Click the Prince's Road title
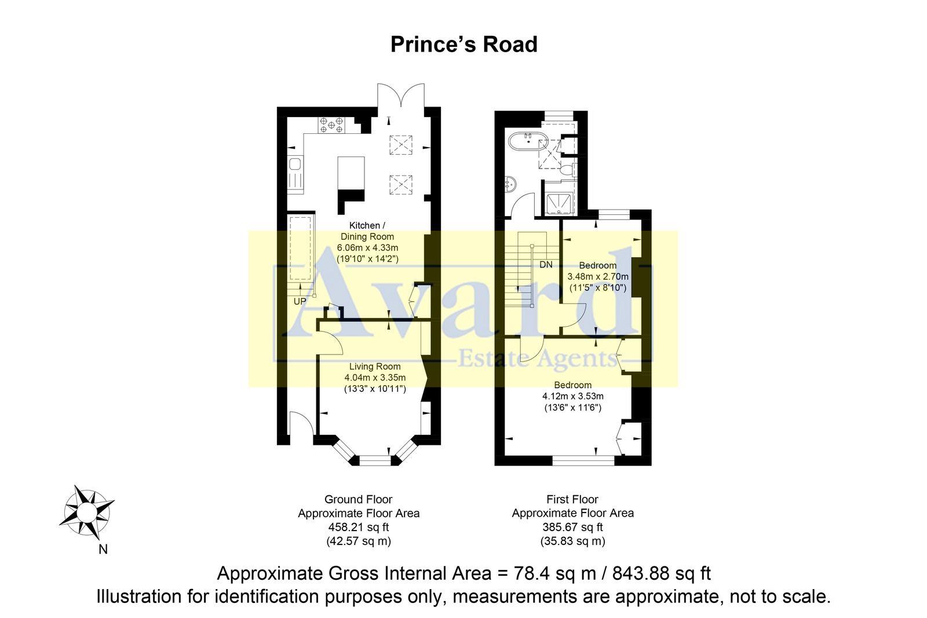click(x=463, y=45)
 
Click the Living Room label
click(x=375, y=366)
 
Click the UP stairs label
click(x=300, y=301)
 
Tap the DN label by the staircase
click(x=546, y=265)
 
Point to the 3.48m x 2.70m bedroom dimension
click(x=598, y=277)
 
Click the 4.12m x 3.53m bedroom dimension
click(x=572, y=396)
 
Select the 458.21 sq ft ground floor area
click(x=358, y=527)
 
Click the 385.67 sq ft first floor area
click(x=572, y=527)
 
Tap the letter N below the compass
click(x=103, y=550)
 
